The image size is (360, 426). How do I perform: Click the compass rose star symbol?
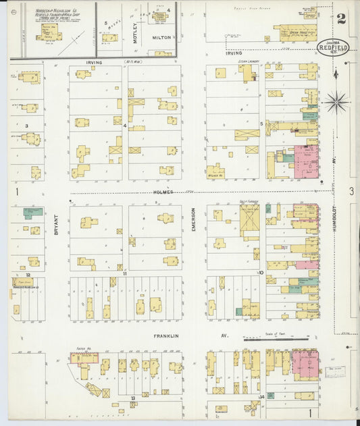(x=336, y=103)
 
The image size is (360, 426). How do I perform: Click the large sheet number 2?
(x=341, y=19)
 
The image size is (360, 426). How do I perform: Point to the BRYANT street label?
(x=56, y=225)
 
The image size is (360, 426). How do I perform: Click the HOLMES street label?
(x=162, y=192)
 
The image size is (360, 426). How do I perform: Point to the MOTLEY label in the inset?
(x=134, y=33)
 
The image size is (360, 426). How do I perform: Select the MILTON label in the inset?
(x=161, y=38)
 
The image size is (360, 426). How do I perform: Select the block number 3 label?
(x=26, y=126)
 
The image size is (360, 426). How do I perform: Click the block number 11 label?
(x=125, y=273)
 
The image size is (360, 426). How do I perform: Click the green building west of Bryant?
(x=32, y=212)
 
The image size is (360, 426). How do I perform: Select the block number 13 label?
(x=133, y=398)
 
